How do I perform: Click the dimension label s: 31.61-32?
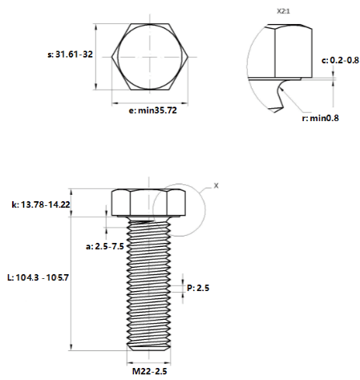[x=70, y=55]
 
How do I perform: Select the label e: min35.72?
[x=152, y=111]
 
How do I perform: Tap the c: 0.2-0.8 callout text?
[x=340, y=60]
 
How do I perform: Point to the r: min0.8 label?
[x=320, y=118]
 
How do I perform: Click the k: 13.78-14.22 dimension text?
[x=41, y=204]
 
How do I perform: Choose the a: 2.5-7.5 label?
[x=105, y=246]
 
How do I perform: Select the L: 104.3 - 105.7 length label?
[x=38, y=277]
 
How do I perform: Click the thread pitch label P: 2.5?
[x=198, y=288]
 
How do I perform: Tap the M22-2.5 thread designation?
[x=150, y=371]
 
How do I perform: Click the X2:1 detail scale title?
[x=283, y=11]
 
